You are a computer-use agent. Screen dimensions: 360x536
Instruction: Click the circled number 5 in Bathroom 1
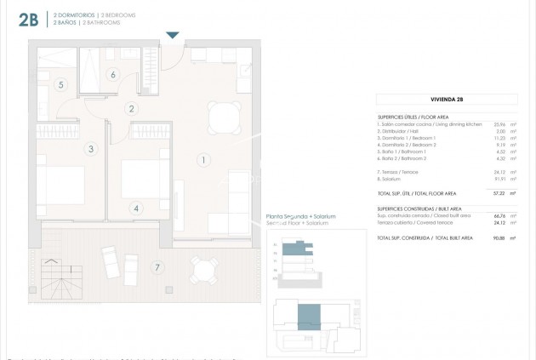pos(61,85)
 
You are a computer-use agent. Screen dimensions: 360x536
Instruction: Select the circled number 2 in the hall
pos(131,108)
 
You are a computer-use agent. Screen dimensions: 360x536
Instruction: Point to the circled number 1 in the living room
pos(202,159)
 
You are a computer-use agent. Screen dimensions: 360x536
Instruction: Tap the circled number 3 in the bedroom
pos(89,149)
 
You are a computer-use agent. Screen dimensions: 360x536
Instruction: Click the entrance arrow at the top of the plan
pos(173,35)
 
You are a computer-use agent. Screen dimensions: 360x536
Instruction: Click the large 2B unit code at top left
pos(25,19)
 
